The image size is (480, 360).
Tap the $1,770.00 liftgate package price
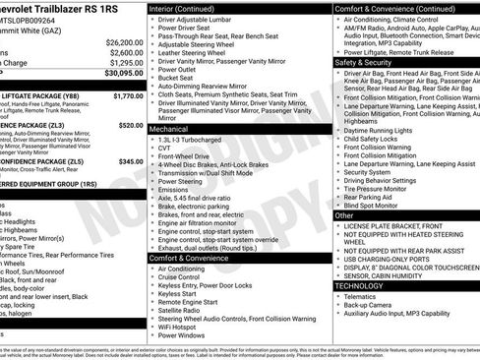(x=128, y=96)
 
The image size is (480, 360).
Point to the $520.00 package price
(x=130, y=126)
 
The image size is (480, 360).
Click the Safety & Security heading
(x=362, y=61)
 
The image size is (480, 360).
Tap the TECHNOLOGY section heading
(x=365, y=285)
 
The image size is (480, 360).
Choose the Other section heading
(x=344, y=214)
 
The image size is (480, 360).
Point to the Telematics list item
(x=361, y=296)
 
